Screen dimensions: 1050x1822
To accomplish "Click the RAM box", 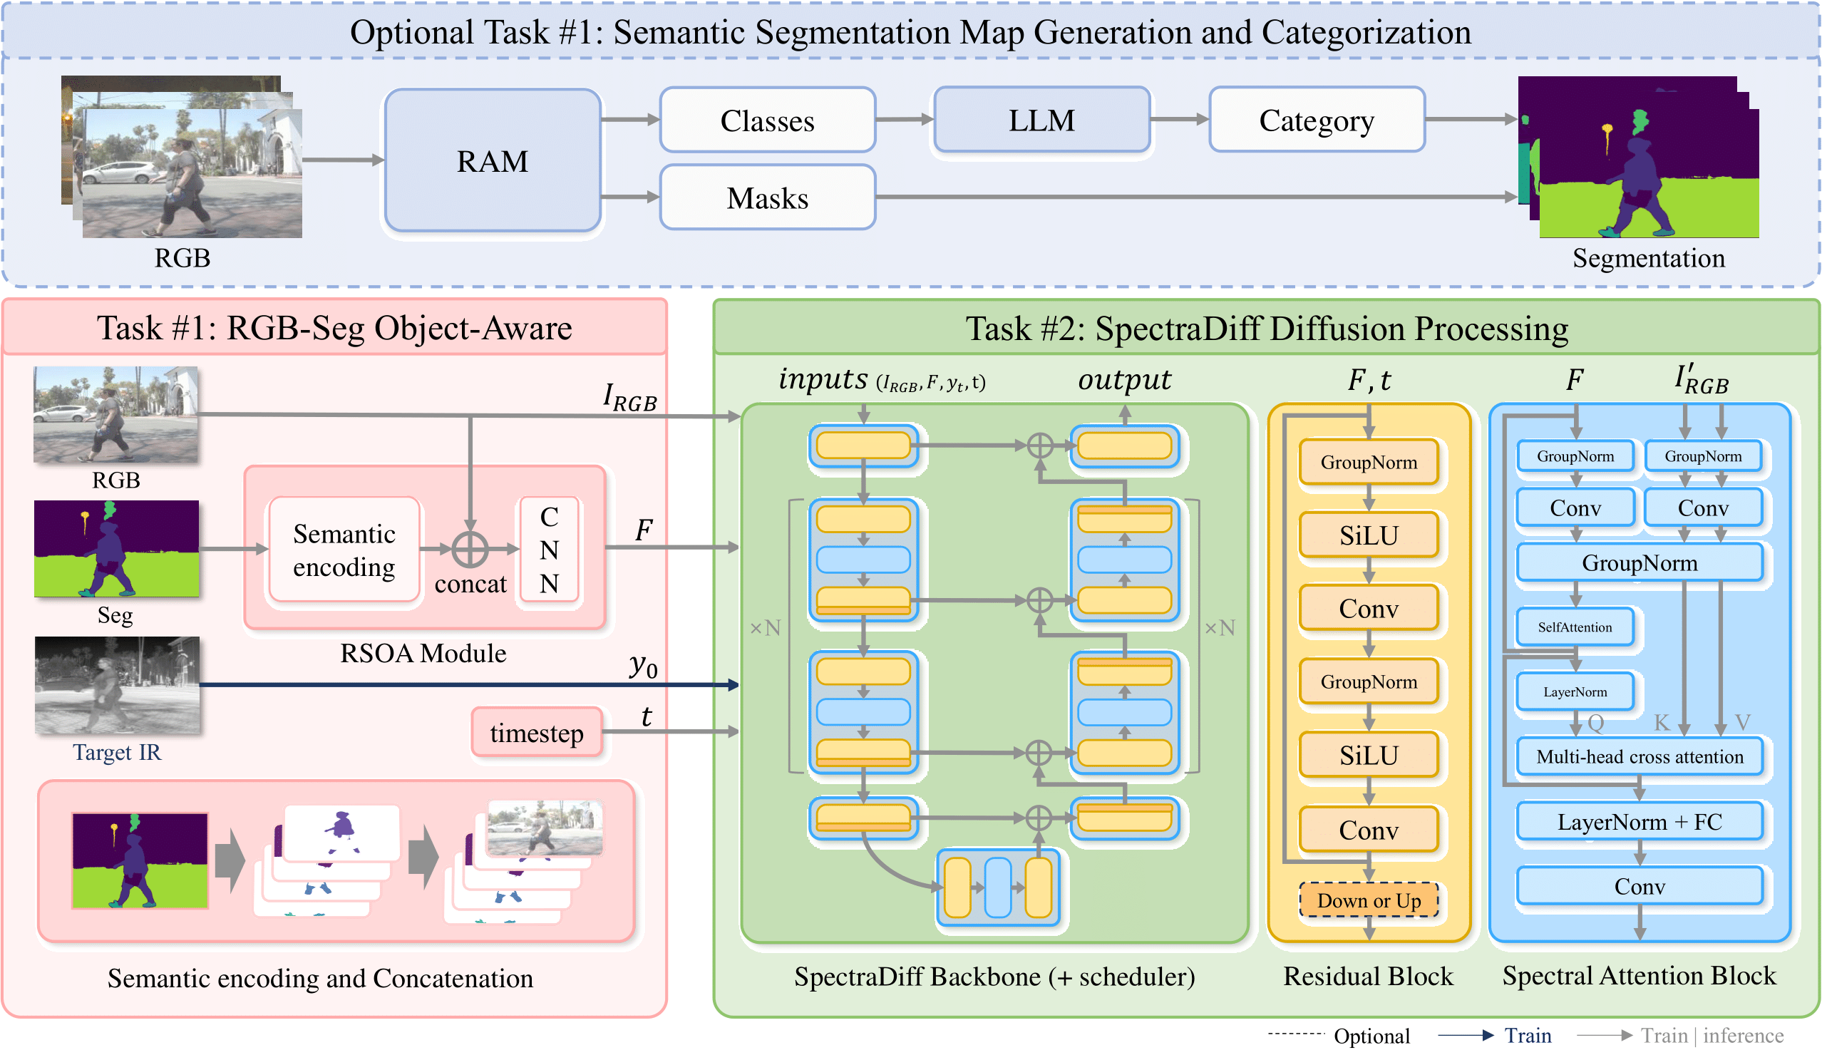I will click(493, 161).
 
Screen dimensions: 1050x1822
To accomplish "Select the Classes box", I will click(767, 120).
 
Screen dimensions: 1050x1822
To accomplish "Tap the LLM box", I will click(1041, 120).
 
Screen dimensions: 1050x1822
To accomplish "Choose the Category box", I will click(1316, 120).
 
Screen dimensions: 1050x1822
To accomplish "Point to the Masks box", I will click(767, 197).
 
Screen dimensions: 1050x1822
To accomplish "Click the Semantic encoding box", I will click(344, 550).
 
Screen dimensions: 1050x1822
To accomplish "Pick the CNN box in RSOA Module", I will click(550, 550).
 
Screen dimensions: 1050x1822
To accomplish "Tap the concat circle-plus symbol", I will click(470, 550).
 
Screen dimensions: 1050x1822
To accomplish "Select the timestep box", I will click(537, 733).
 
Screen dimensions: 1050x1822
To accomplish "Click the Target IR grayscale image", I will click(117, 685).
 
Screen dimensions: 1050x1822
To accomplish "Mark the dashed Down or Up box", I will click(1368, 900).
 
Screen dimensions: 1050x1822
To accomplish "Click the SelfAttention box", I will click(1574, 627).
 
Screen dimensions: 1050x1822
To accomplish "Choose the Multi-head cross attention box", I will click(1639, 756).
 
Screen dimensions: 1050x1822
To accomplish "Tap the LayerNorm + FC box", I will click(1639, 821).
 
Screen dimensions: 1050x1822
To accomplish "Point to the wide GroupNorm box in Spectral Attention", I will click(1639, 562).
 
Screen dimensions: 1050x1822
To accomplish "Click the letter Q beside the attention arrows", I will click(1595, 723).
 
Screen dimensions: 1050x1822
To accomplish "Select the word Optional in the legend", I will click(1371, 1036).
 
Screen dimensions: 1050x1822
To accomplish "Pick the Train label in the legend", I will click(1527, 1036).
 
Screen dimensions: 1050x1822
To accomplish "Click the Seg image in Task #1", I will click(116, 549).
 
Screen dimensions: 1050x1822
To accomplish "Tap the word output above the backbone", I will click(1124, 380).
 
